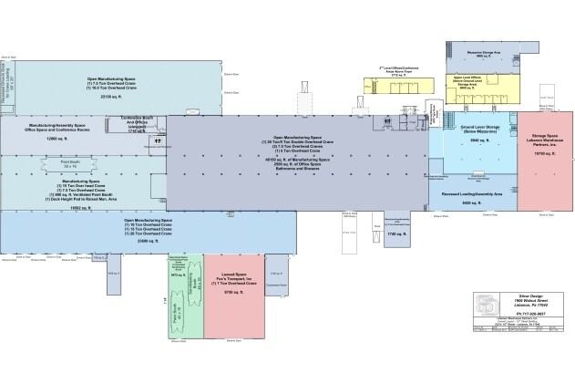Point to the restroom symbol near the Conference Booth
click(x=158, y=140)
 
